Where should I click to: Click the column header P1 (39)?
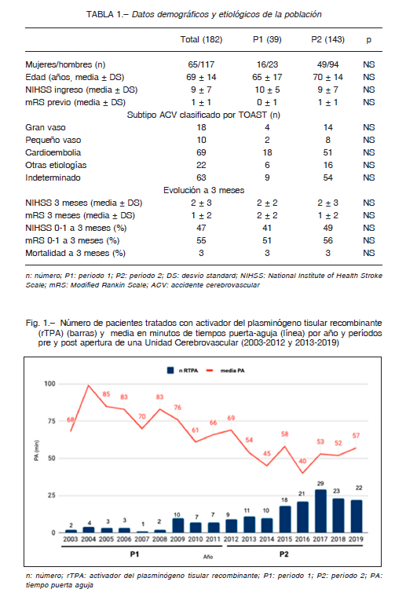point(267,40)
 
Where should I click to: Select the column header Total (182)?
point(201,40)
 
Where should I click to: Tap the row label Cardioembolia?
point(53,152)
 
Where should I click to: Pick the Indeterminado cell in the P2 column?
point(327,177)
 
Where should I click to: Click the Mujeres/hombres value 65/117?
point(201,64)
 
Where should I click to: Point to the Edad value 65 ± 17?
point(267,77)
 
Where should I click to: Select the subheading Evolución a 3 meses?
point(203,190)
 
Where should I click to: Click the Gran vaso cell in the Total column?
point(201,127)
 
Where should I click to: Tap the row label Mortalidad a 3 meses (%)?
point(75,254)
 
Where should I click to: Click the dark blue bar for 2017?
point(320,510)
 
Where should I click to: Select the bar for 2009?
point(178,525)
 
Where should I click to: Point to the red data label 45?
point(267,454)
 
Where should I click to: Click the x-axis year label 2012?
point(231,540)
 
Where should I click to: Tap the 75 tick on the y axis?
point(51,421)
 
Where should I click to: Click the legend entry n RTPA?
point(182,371)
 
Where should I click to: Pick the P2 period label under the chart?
point(283,554)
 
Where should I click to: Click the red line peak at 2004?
point(89,386)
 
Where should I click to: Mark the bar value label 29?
point(320,484)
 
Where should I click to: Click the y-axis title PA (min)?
point(37,451)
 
